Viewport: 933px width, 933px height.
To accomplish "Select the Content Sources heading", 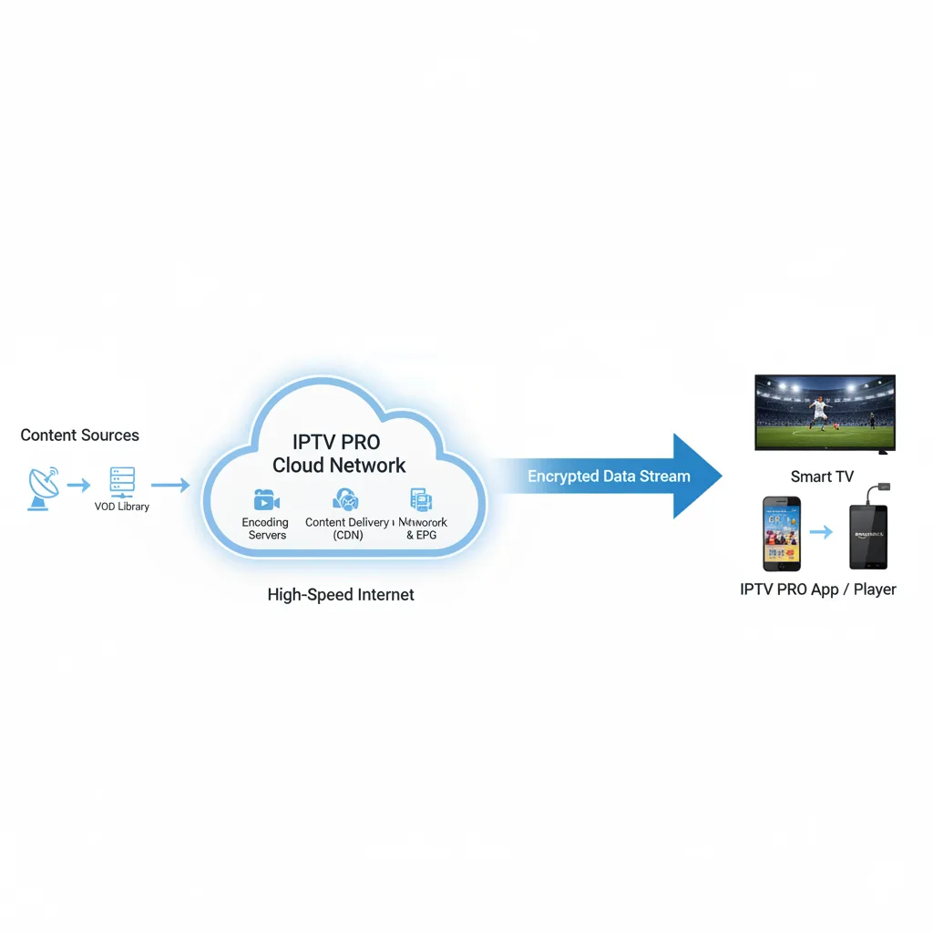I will click(x=80, y=436).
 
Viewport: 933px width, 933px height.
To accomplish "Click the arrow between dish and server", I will click(x=79, y=486).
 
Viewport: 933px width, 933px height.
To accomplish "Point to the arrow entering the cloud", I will click(x=170, y=486).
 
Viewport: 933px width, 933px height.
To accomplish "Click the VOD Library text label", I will click(x=121, y=507).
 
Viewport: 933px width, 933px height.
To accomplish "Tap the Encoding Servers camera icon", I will click(x=265, y=500).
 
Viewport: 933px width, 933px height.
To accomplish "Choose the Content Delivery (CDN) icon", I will click(x=346, y=499).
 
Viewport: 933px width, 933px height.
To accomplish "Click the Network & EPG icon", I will click(x=422, y=499).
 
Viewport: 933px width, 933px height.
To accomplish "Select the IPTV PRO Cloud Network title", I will click(x=339, y=453).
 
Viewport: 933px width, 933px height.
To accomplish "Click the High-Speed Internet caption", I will click(x=341, y=595).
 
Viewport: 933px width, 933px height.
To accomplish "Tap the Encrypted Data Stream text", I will click(x=609, y=476).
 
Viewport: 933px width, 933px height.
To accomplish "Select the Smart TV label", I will click(x=823, y=477).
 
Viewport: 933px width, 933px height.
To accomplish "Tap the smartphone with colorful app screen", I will click(x=781, y=533).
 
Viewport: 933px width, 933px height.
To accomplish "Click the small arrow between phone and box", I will click(x=821, y=531).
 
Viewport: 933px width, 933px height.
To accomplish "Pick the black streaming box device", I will click(x=867, y=537).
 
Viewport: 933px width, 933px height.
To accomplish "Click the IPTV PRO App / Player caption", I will click(x=818, y=590).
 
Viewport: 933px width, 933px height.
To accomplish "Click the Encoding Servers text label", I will click(x=265, y=528).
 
